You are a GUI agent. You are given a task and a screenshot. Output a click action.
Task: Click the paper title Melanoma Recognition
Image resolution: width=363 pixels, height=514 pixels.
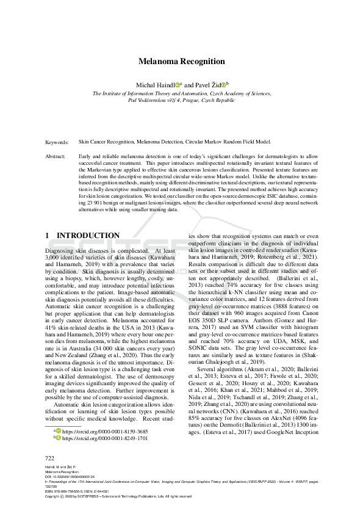coord(181,62)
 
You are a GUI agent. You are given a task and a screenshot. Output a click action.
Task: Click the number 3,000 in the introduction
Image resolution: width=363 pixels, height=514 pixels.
coord(54,258)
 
